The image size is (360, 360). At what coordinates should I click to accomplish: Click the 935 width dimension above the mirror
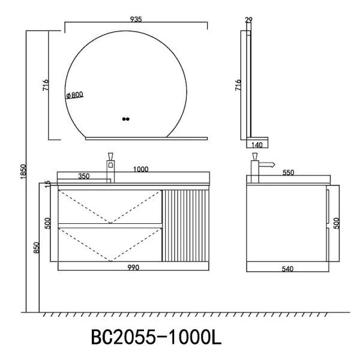pyautogui.click(x=136, y=19)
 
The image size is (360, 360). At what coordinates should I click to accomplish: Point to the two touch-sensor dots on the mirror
pyautogui.click(x=125, y=119)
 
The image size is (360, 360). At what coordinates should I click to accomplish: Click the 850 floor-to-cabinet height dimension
pyautogui.click(x=36, y=247)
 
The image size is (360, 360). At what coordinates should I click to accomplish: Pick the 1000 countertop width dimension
pyautogui.click(x=140, y=170)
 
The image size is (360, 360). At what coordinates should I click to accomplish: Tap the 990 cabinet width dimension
pyautogui.click(x=133, y=268)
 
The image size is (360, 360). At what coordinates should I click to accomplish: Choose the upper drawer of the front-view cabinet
pyautogui.click(x=110, y=206)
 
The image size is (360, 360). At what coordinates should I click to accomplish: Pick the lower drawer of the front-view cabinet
pyautogui.click(x=110, y=243)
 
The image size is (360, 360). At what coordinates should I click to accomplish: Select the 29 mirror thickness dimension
pyautogui.click(x=249, y=20)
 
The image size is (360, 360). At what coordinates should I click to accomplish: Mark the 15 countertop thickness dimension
pyautogui.click(x=47, y=184)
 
